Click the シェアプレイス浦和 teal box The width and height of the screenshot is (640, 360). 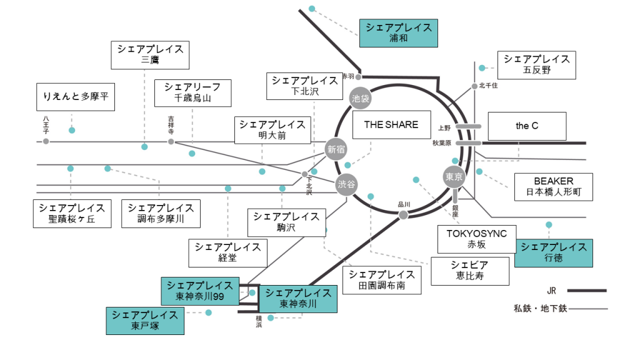(x=398, y=33)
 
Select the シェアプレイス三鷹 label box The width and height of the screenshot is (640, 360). (x=150, y=55)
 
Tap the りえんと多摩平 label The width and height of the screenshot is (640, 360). (x=76, y=97)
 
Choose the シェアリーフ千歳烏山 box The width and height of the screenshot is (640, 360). (x=192, y=92)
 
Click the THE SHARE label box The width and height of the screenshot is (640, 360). (x=391, y=125)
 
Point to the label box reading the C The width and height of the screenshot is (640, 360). (x=526, y=126)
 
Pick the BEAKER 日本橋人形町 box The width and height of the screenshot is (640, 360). (x=553, y=186)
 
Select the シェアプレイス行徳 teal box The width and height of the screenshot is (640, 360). (x=553, y=252)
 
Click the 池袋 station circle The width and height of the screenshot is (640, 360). (x=361, y=98)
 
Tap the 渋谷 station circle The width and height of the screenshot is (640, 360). (x=346, y=184)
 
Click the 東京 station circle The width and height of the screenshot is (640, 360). (x=454, y=177)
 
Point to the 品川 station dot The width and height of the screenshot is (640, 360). (x=403, y=215)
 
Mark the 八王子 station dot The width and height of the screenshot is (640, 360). (x=46, y=142)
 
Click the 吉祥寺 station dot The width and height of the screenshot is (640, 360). (x=171, y=142)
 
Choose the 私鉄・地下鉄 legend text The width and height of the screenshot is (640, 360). (x=541, y=308)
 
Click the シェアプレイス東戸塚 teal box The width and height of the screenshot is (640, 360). (x=145, y=320)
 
